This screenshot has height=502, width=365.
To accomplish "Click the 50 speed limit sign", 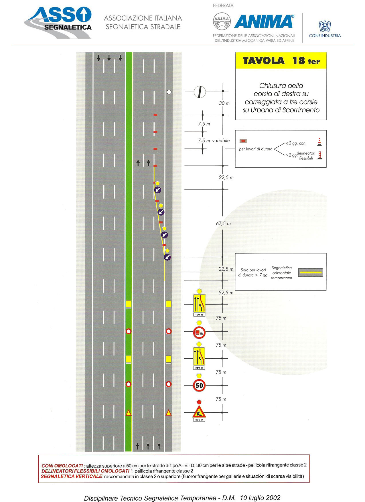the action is click(199, 385).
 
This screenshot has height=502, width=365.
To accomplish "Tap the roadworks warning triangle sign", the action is click(199, 412).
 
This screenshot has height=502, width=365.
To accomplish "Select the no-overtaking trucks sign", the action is click(199, 333).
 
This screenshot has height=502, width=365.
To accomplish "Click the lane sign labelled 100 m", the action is click(199, 304).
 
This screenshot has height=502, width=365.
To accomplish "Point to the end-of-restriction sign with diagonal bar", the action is click(200, 92).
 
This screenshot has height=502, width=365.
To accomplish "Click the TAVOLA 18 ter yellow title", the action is click(281, 61).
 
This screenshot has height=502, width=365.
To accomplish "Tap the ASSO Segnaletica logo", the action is click(58, 23).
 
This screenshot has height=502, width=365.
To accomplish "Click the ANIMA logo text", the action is click(264, 21).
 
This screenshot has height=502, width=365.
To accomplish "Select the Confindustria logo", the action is click(325, 29).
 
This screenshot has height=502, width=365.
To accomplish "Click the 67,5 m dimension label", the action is click(223, 224).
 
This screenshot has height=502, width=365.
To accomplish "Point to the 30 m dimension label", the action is click(224, 103).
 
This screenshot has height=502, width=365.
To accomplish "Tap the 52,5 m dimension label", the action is click(226, 292).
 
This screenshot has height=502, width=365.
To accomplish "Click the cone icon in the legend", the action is click(319, 142).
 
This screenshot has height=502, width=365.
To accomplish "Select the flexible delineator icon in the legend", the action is click(320, 155).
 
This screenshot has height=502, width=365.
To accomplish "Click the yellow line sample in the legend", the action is click(311, 272).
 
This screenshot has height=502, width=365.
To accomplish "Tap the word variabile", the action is click(221, 141).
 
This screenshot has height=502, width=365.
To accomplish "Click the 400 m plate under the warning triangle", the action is click(199, 420).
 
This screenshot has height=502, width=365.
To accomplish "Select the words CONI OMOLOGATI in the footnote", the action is click(62, 466).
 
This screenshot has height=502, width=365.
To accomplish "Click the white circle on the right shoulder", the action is click(169, 92).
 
